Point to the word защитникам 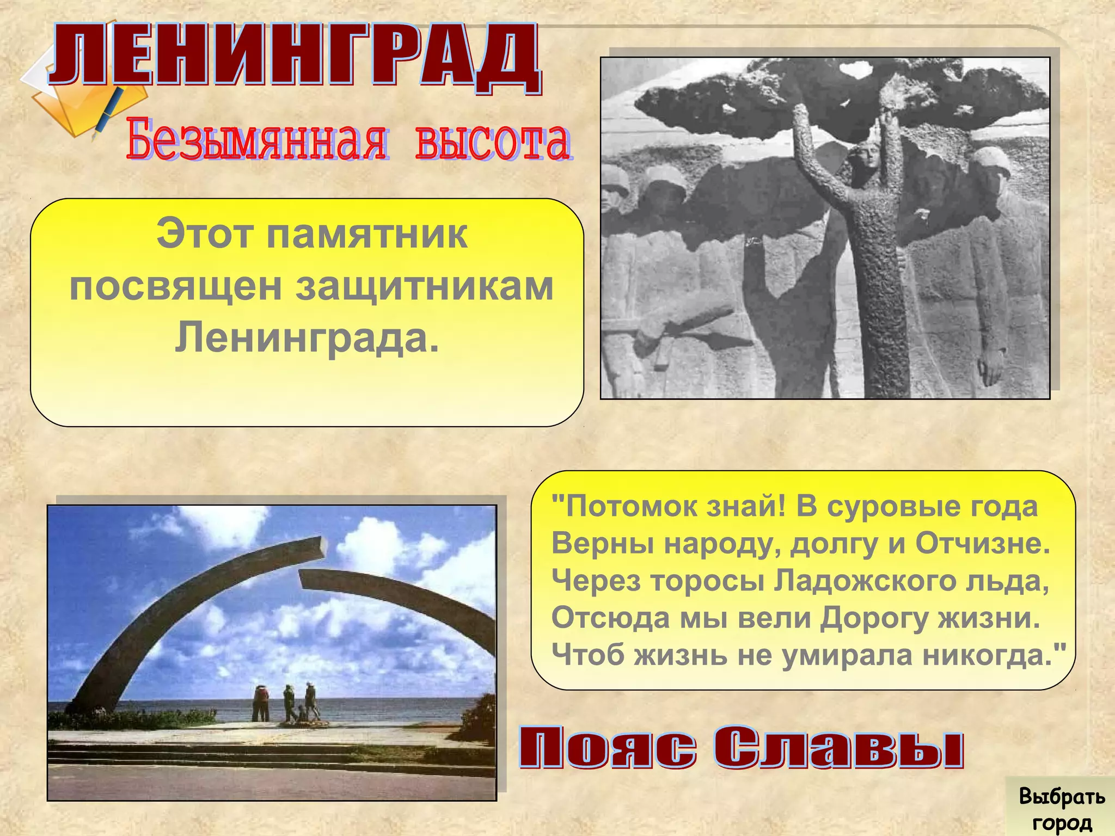point(425,287)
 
